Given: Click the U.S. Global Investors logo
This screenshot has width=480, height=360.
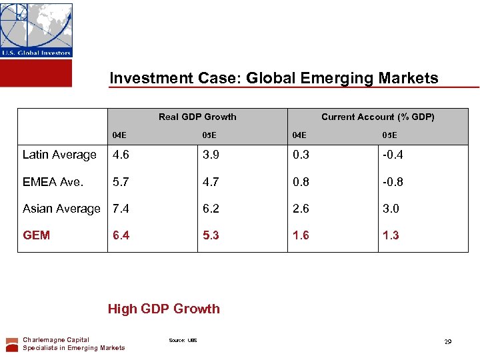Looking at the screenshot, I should point(36,30).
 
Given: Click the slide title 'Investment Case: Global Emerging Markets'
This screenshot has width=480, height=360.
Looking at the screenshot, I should point(274,78).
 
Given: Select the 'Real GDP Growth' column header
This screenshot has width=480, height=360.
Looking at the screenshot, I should point(197,117).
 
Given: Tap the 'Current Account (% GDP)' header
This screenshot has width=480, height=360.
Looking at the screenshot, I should point(377,117).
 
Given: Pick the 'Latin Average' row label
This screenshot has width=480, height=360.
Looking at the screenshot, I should point(59,155).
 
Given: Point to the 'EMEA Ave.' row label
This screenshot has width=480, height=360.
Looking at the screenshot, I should point(53,181).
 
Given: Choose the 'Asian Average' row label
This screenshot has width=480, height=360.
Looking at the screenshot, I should point(61,209).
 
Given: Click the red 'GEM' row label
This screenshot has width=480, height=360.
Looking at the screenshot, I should point(36,235).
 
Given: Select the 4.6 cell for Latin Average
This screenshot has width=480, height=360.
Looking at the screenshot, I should point(121,155).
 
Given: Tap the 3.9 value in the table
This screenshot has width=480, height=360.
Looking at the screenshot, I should point(211,155).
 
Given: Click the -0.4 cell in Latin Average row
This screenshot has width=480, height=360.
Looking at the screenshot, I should point(392,155).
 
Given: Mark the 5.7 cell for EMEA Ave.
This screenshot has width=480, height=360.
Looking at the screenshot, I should point(121,181).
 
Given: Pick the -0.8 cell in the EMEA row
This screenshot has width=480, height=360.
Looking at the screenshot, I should point(392,181).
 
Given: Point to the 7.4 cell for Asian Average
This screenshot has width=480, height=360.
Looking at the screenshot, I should point(121,209).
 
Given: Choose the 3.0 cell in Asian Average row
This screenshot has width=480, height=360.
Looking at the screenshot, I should point(390,209).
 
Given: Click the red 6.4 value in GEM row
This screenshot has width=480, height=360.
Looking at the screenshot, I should point(121,235).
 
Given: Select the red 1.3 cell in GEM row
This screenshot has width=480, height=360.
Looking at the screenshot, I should point(390,235).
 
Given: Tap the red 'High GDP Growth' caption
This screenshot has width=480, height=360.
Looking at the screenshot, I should point(163,309).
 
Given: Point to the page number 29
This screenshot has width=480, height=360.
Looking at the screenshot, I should point(448,341).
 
